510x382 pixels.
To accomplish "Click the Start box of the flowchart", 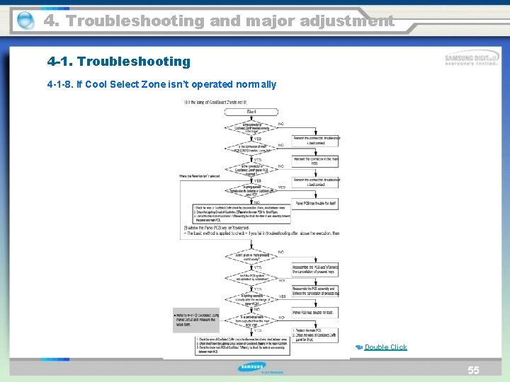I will click(x=251, y=112).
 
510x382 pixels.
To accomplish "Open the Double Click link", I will click(x=385, y=347).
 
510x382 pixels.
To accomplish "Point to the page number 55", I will click(x=473, y=370).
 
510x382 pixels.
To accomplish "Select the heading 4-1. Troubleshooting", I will click(x=118, y=62).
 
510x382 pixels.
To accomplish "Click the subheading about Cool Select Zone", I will click(x=161, y=85).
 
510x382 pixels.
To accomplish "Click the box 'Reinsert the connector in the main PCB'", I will click(x=315, y=162).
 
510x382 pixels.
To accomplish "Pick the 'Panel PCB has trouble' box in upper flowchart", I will click(x=315, y=202).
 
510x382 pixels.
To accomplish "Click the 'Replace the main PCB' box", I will click(x=315, y=335).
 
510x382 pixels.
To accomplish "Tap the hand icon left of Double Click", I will click(x=358, y=347).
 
